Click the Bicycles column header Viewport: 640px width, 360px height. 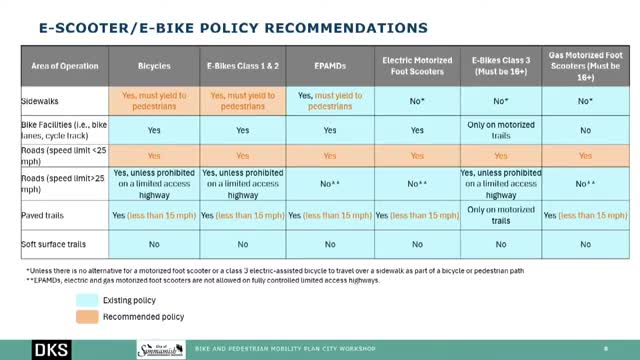click(154, 65)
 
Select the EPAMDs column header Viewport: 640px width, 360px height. click(329, 65)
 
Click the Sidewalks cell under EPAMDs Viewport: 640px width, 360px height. click(329, 101)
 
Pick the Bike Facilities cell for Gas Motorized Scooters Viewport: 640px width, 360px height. click(584, 130)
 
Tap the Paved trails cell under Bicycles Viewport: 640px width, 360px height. click(154, 214)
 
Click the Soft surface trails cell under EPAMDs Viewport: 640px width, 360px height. click(329, 243)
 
